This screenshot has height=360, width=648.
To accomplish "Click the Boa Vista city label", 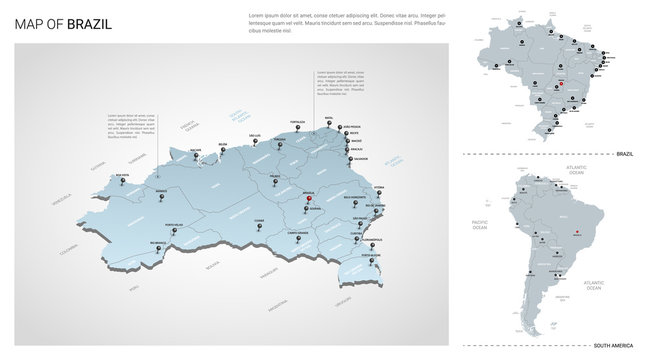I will pos(123,175).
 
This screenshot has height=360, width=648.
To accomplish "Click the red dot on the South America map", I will pos(576,236).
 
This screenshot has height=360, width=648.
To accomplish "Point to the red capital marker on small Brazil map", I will pos(562,84).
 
